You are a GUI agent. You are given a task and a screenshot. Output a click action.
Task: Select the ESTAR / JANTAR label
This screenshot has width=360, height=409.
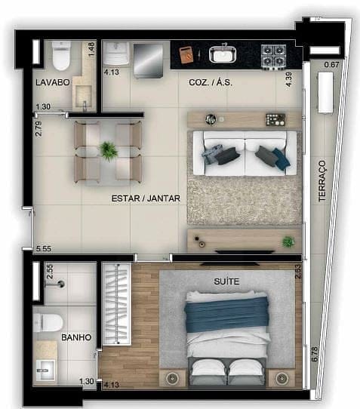pyautogui.click(x=141, y=198)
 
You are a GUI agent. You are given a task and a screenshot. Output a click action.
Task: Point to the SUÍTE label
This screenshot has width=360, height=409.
pyautogui.click(x=226, y=281)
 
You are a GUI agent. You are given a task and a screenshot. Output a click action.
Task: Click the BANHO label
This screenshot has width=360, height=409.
pyautogui.click(x=76, y=337)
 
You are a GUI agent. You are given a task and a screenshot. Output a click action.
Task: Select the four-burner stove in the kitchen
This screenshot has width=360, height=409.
pyautogui.click(x=273, y=55)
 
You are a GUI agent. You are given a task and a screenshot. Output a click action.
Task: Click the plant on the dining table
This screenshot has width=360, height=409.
pyautogui.click(x=109, y=151)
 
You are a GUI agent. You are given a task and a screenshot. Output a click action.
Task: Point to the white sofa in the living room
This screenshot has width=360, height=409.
pyautogui.click(x=239, y=153)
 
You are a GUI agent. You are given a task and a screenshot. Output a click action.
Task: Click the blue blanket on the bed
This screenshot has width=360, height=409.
pyautogui.click(x=226, y=314)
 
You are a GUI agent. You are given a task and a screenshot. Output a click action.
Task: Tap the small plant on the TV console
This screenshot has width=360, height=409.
pyautogui.click(x=287, y=241)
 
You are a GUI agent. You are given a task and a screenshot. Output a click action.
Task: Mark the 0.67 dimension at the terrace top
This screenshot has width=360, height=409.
pyautogui.click(x=331, y=66)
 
